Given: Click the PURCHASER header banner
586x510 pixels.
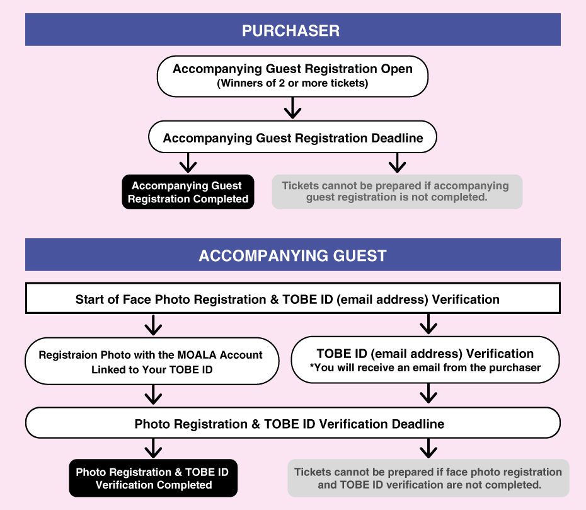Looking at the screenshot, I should pyautogui.click(x=292, y=30).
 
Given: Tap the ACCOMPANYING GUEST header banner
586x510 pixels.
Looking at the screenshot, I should pyautogui.click(x=292, y=255).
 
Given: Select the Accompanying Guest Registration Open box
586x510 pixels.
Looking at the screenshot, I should pyautogui.click(x=292, y=76).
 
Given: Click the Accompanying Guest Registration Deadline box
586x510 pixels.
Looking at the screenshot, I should pyautogui.click(x=292, y=137).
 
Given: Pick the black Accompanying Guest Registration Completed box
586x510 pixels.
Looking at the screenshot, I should pyautogui.click(x=188, y=192).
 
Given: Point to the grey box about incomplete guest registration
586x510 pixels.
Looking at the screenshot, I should pyautogui.click(x=396, y=192).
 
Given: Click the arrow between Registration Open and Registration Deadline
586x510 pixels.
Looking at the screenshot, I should pyautogui.click(x=292, y=109).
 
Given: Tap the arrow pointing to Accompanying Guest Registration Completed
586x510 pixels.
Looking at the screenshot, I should pyautogui.click(x=188, y=164).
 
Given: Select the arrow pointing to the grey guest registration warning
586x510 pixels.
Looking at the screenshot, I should pyautogui.click(x=397, y=164).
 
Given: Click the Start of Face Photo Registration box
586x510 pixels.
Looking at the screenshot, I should pyautogui.click(x=292, y=299).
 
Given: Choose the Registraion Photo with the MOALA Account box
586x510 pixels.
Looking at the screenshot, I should pyautogui.click(x=151, y=362).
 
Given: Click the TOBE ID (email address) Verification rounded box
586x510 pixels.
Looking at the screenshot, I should pyautogui.click(x=425, y=360).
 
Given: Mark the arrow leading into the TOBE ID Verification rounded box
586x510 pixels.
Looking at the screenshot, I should pyautogui.click(x=428, y=324).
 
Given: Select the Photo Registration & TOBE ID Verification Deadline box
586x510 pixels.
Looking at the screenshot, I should pyautogui.click(x=292, y=423).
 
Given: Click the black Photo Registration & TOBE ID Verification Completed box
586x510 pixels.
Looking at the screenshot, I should pyautogui.click(x=153, y=478).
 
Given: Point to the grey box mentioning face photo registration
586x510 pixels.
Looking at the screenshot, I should pyautogui.click(x=428, y=478).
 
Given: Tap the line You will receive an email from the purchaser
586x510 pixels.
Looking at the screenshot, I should pyautogui.click(x=425, y=368).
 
